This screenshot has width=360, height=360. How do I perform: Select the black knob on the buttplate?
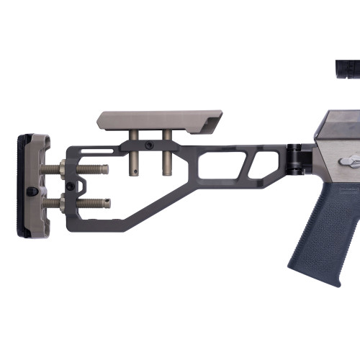(x=32, y=192)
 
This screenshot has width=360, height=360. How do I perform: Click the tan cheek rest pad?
(x=158, y=120)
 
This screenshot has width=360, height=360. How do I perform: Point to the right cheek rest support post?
(x=167, y=151)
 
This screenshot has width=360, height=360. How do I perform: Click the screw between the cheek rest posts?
(x=149, y=145)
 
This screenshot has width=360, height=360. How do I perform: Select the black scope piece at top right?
(x=347, y=68)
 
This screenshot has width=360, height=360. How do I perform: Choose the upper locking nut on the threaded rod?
(x=65, y=169)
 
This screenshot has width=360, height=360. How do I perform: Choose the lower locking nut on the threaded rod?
(x=66, y=202)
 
